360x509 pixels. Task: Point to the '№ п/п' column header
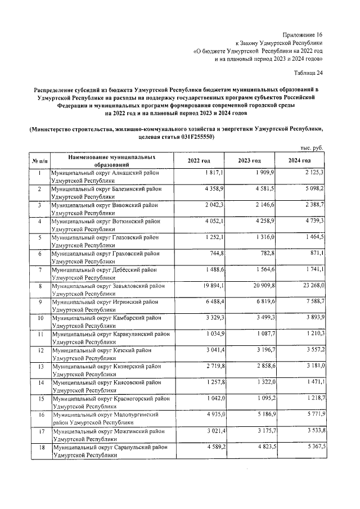pyautogui.click(x=39, y=161)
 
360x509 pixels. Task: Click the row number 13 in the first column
pyautogui.click(x=39, y=367)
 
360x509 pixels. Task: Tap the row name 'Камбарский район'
pyautogui.click(x=107, y=318)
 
